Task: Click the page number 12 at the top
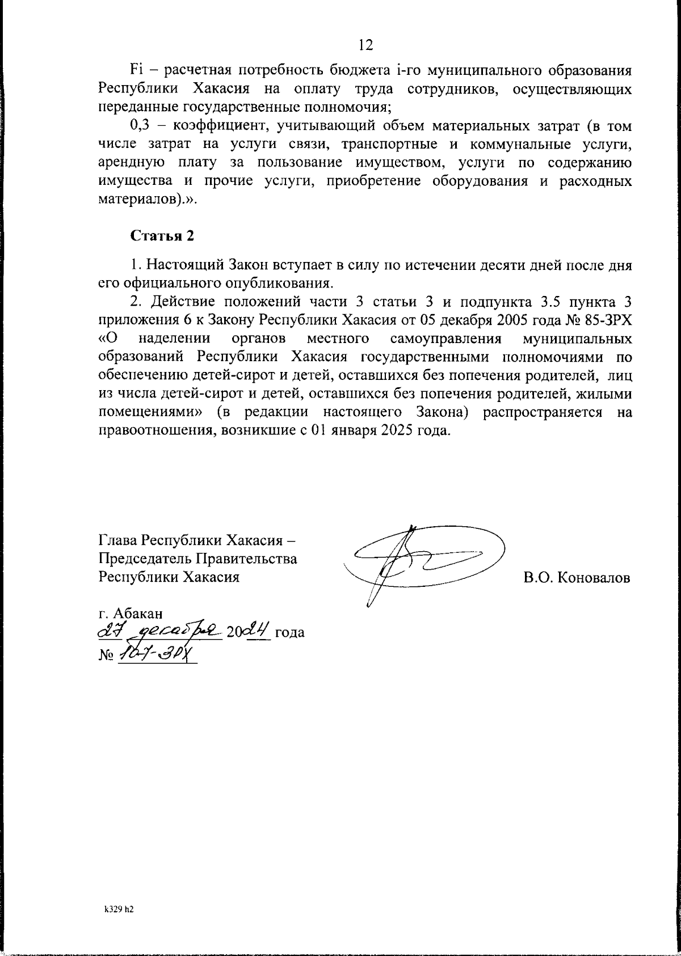(x=366, y=45)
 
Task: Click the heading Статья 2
(x=162, y=236)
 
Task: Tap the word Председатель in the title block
(x=145, y=559)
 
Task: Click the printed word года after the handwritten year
(x=290, y=632)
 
